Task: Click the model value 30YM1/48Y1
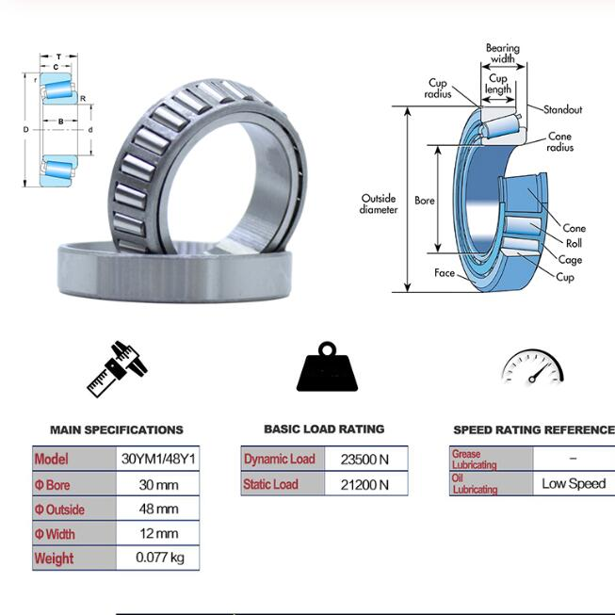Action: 158,459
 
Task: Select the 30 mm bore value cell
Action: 158,484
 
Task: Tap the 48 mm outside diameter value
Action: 158,509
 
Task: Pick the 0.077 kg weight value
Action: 160,558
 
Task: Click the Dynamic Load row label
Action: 280,459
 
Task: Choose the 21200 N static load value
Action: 364,485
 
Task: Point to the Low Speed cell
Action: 574,483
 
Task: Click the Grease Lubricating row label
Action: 474,460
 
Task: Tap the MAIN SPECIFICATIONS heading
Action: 117,429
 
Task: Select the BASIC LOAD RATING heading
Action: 324,429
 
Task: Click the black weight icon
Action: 327,366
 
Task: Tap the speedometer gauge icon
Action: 533,366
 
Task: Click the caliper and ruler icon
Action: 117,369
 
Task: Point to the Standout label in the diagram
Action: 563,109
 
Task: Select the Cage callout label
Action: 570,260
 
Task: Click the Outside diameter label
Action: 379,203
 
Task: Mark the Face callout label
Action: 445,272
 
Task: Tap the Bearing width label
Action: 503,54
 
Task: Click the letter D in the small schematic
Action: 25,129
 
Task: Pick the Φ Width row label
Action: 55,534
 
